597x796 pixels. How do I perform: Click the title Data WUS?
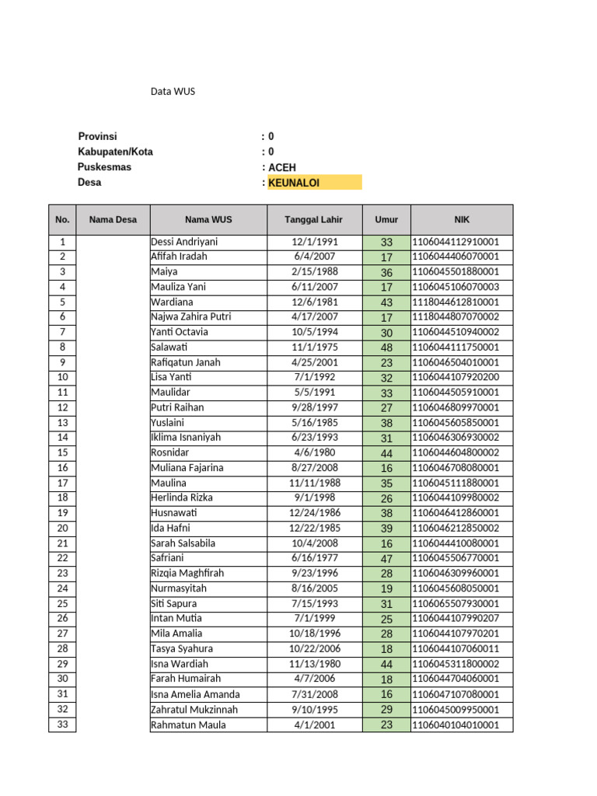tap(173, 92)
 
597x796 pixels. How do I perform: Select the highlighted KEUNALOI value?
tap(294, 183)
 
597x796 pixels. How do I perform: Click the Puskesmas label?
tap(104, 167)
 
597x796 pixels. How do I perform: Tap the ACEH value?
tap(282, 168)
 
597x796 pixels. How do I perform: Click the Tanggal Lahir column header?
tap(314, 219)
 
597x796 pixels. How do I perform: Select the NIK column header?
tap(462, 219)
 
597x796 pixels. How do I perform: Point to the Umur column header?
tap(386, 219)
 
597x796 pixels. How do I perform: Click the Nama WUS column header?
tap(208, 219)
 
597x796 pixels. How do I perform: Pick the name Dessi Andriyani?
tap(184, 242)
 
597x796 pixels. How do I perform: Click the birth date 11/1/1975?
tap(314, 347)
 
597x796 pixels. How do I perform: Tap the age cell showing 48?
tap(386, 347)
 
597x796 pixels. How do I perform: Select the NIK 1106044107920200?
tap(456, 378)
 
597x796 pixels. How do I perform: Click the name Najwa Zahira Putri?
tap(190, 317)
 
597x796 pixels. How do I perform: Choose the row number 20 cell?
tap(63, 529)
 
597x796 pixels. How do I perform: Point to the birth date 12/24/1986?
tap(314, 513)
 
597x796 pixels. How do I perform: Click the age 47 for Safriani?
tap(386, 559)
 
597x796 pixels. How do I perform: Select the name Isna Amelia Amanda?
tap(195, 695)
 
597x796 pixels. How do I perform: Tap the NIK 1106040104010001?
tap(456, 725)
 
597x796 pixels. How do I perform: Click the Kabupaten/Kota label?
tap(115, 152)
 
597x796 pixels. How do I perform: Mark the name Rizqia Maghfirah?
tap(187, 574)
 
